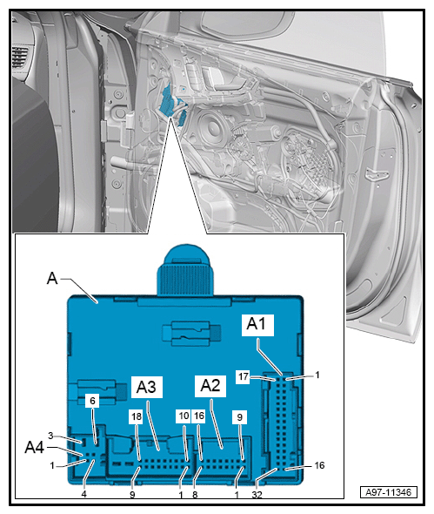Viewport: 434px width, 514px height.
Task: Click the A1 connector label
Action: pyautogui.click(x=257, y=324)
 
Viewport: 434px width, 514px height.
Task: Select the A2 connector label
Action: pyautogui.click(x=210, y=385)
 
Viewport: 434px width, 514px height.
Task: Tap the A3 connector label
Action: pyautogui.click(x=146, y=387)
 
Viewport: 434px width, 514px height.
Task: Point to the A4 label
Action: pyautogui.click(x=35, y=447)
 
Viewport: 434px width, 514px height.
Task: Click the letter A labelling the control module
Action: pyautogui.click(x=52, y=279)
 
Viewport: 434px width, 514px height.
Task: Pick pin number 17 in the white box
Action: pyautogui.click(x=244, y=376)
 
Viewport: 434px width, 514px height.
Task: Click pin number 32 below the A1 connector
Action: pyautogui.click(x=257, y=494)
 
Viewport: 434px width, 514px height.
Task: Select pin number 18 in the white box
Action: pyautogui.click(x=137, y=416)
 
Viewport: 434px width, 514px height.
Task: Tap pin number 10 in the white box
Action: pyautogui.click(x=184, y=416)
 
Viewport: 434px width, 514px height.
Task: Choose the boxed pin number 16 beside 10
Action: pyautogui.click(x=199, y=416)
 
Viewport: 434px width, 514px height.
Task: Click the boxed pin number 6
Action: pyautogui.click(x=92, y=401)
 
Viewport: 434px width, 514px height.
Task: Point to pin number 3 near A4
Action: pyautogui.click(x=50, y=436)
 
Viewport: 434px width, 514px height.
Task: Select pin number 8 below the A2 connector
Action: pyautogui.click(x=195, y=494)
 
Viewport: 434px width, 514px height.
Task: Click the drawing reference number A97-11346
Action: pyautogui.click(x=389, y=492)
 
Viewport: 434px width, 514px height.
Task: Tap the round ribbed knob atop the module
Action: pyautogui.click(x=185, y=269)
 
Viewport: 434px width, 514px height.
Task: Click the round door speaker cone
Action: pyautogui.click(x=210, y=127)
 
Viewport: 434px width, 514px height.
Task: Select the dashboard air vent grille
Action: pyautogui.click(x=20, y=57)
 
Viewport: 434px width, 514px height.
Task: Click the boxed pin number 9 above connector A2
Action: pyautogui.click(x=240, y=417)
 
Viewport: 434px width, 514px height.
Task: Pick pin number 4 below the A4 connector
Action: pyautogui.click(x=84, y=494)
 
